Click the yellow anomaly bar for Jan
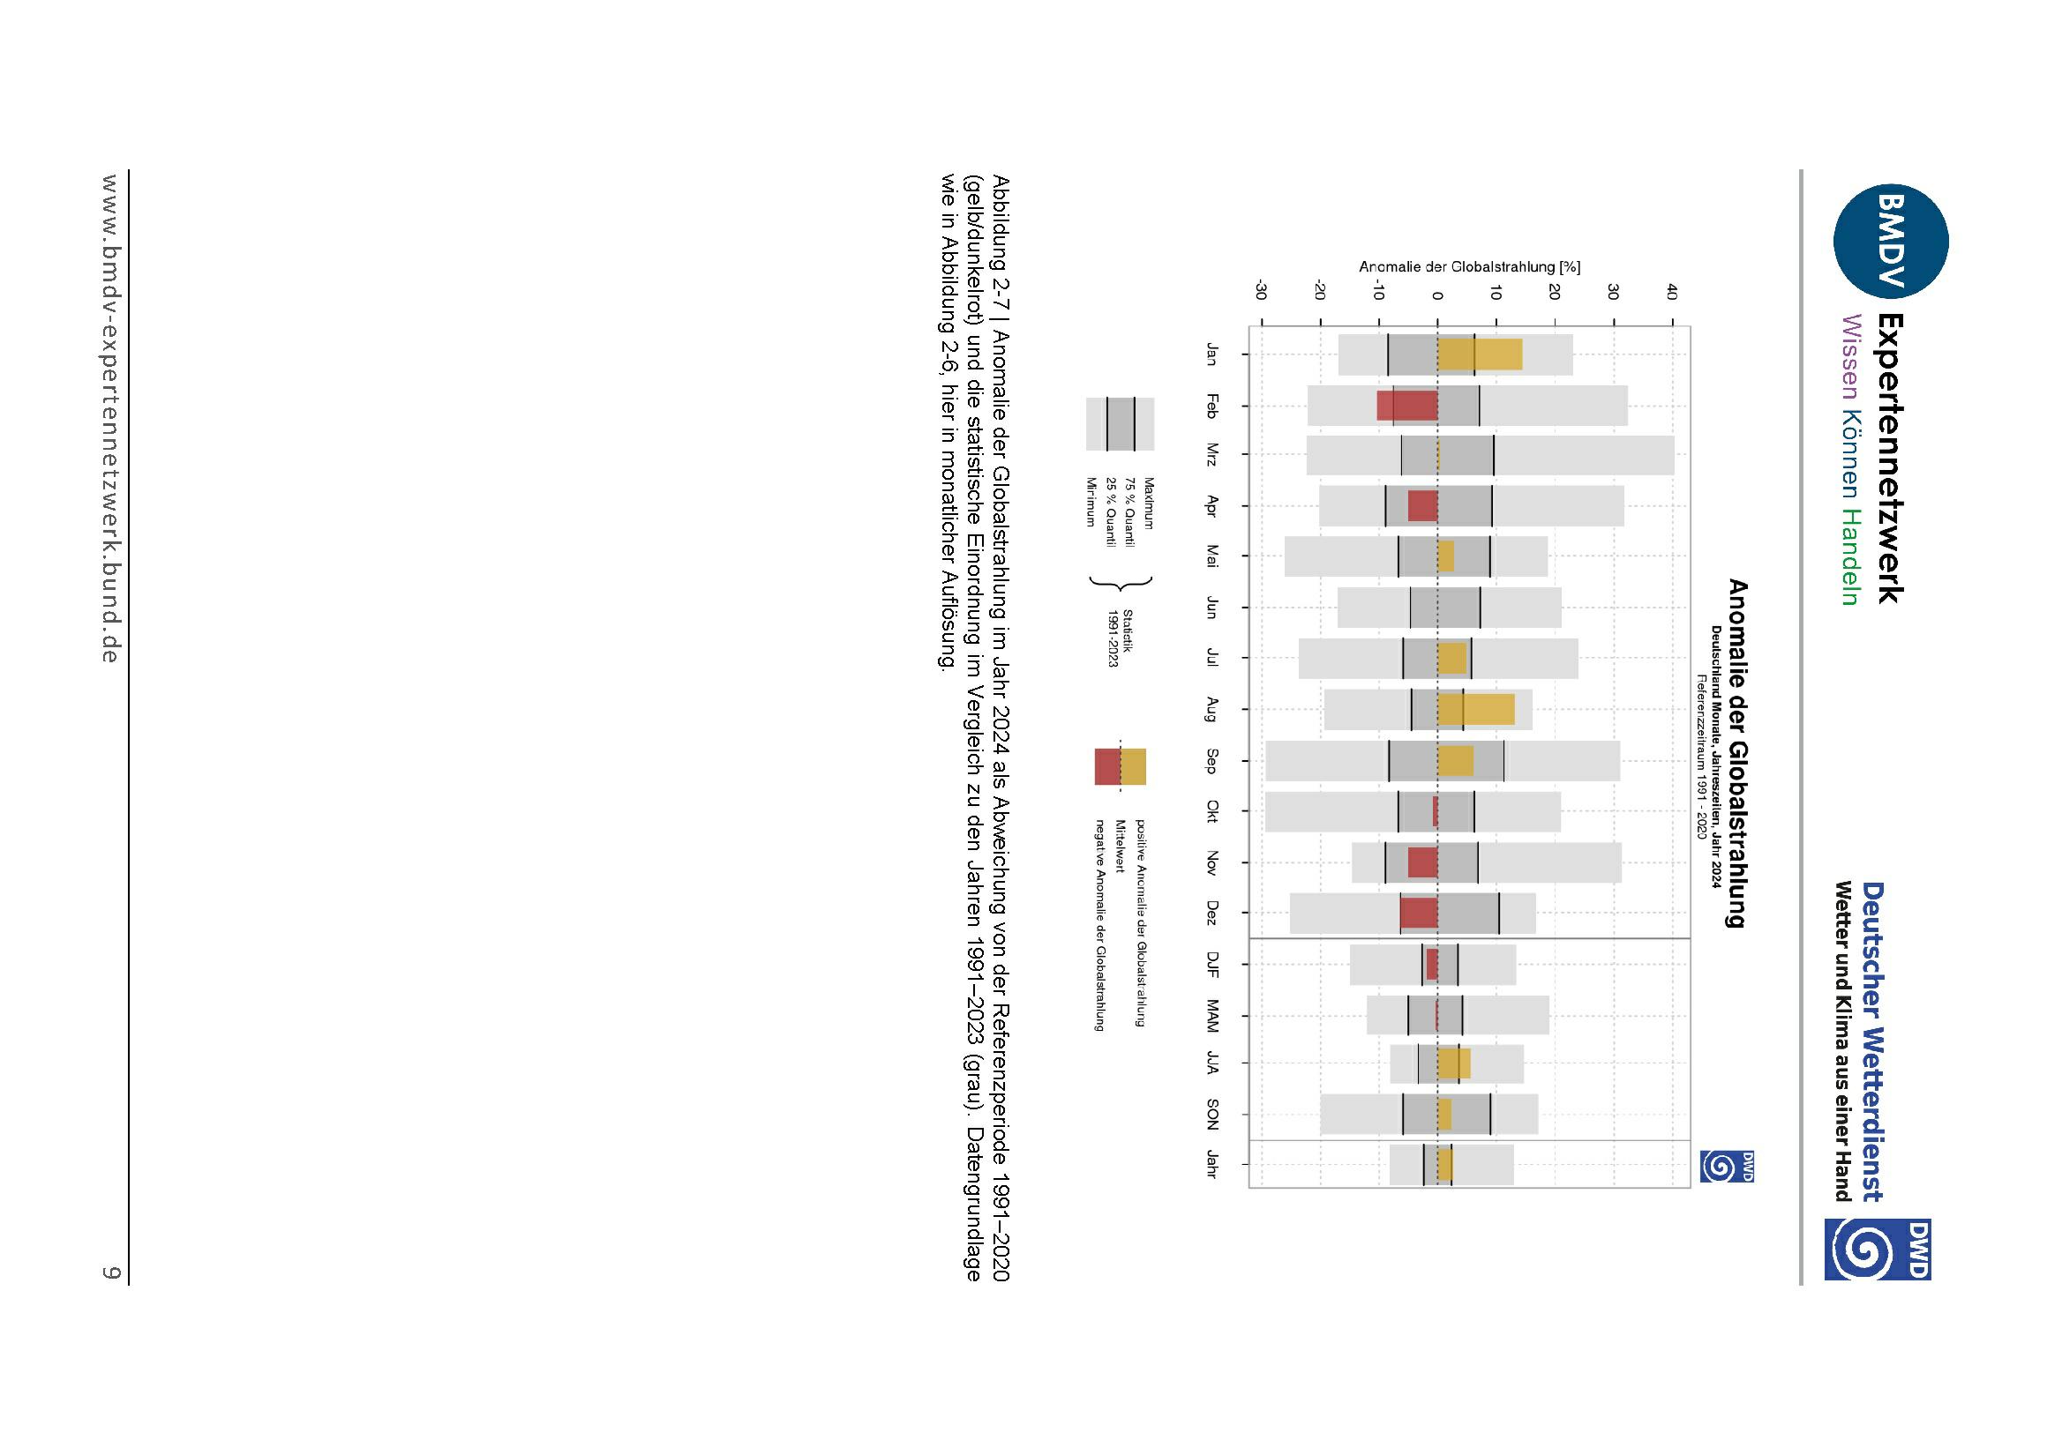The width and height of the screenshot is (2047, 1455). [1479, 354]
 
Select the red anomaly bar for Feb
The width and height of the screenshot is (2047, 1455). [1407, 406]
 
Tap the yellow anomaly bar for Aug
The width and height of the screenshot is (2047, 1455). [1475, 710]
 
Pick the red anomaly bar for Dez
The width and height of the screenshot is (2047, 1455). [1419, 913]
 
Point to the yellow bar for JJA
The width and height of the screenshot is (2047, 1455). [1454, 1063]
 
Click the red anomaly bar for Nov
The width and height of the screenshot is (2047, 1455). [1422, 862]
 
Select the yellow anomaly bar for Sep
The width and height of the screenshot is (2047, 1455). [1455, 761]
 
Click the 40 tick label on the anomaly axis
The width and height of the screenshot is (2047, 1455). [1671, 292]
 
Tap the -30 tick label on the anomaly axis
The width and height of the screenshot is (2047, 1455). [1260, 291]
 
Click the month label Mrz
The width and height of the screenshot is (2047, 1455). [1211, 454]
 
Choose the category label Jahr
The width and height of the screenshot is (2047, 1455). [1211, 1163]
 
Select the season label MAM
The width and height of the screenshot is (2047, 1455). [1211, 1015]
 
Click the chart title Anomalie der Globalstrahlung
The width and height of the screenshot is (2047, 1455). [1738, 753]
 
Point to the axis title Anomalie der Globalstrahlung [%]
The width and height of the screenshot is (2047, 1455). [1469, 267]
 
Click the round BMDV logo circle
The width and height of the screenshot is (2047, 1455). [1890, 241]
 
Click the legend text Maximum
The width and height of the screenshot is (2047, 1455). [1148, 504]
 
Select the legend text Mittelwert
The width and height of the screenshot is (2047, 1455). [1121, 846]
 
